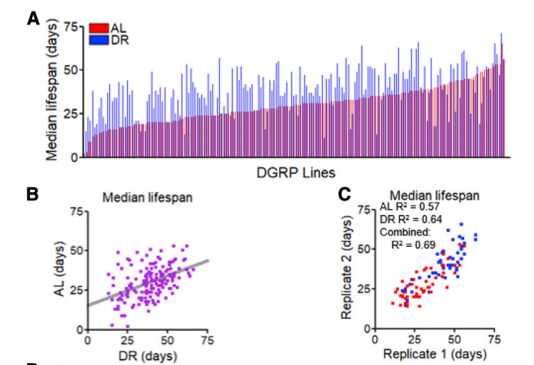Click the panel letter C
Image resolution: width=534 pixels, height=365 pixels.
coord(344,195)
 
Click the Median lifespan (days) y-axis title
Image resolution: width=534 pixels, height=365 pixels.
coord(52,88)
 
